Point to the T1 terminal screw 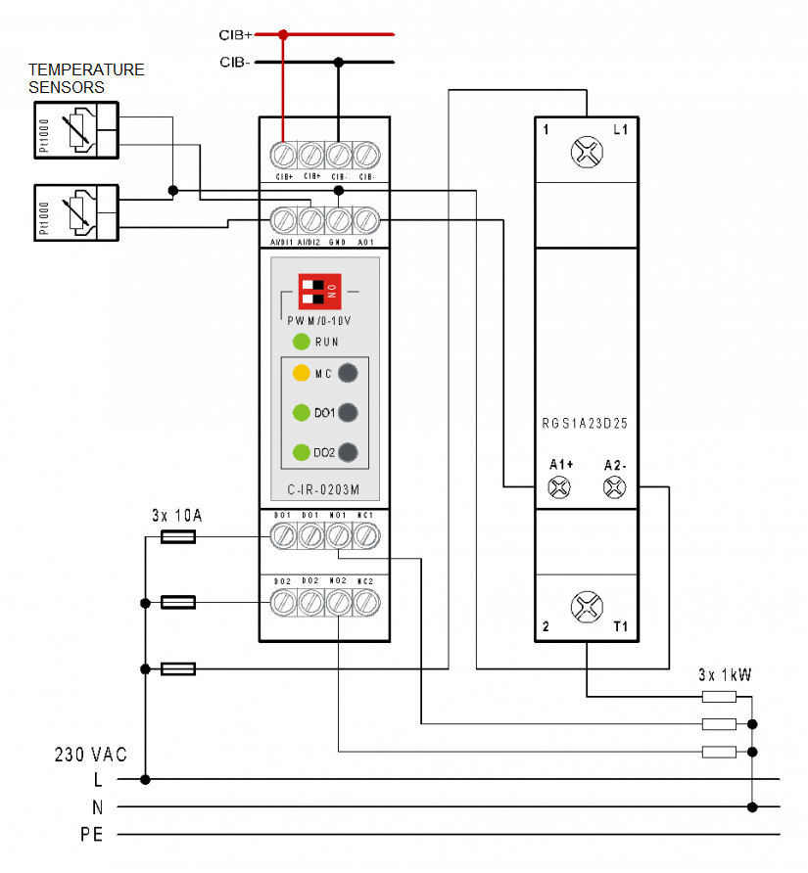pyautogui.click(x=586, y=606)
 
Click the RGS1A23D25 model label pyautogui.click(x=586, y=425)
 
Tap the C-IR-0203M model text pyautogui.click(x=324, y=490)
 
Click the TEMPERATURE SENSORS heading pyautogui.click(x=86, y=78)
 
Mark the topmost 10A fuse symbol pyautogui.click(x=177, y=536)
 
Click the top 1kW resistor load pyautogui.click(x=719, y=697)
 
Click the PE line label pyautogui.click(x=93, y=836)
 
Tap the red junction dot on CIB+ pyautogui.click(x=284, y=34)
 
